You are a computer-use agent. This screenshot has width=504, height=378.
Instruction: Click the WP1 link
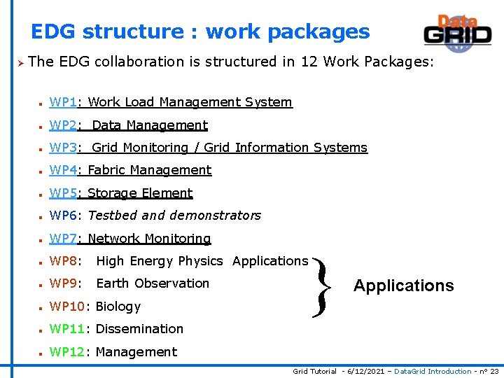point(63,102)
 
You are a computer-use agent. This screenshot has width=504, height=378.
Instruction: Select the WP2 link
point(63,125)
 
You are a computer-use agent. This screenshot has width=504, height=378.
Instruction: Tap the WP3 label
point(63,148)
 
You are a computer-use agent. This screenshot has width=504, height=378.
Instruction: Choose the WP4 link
point(63,170)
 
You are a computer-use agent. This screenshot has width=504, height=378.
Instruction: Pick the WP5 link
point(63,193)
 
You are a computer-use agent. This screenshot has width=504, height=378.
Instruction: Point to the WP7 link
point(63,239)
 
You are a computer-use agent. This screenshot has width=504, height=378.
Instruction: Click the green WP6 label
point(63,216)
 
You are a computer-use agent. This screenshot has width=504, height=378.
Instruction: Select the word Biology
point(118,307)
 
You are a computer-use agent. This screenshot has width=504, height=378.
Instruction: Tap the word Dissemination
point(139,329)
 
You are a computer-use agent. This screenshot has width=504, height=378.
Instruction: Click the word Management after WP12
point(136,352)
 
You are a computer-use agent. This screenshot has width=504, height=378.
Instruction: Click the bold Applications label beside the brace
point(403,286)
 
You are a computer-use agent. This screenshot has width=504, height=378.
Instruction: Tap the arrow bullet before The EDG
point(20,62)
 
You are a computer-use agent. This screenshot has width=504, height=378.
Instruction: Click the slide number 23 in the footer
point(494,372)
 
